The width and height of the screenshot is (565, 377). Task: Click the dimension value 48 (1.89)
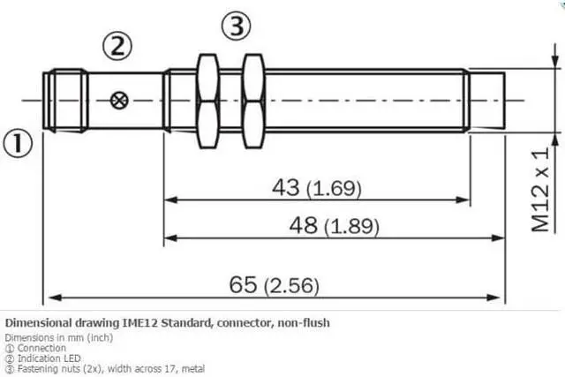point(334,226)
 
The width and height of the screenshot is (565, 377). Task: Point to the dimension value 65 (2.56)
point(274,285)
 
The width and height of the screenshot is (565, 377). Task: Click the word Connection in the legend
point(41,348)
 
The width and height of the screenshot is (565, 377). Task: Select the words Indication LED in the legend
point(49,358)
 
